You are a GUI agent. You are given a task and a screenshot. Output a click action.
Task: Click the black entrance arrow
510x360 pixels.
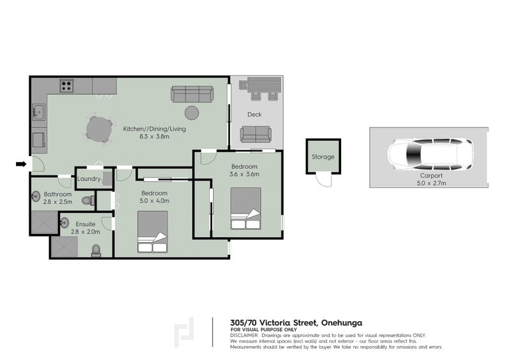click(x=21, y=164)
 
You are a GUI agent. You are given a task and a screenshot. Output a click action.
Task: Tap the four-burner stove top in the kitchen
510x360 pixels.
click(x=66, y=86)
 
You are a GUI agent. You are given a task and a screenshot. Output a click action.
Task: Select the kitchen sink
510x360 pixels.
click(x=39, y=112)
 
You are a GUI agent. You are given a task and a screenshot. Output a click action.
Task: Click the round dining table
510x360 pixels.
click(x=99, y=129)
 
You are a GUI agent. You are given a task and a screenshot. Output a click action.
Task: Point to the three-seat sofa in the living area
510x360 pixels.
click(x=193, y=94)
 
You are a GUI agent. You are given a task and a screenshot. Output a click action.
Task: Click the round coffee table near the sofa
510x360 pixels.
click(x=192, y=113)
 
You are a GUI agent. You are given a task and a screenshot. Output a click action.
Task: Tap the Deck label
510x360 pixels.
click(x=254, y=115)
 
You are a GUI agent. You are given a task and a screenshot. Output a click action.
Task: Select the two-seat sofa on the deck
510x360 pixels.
click(x=256, y=134)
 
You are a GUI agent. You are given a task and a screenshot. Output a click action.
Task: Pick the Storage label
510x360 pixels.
click(x=323, y=157)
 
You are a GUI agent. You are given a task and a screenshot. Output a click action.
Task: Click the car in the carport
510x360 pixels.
click(x=430, y=154)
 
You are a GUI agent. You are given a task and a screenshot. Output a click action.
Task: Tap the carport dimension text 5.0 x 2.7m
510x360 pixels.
click(x=432, y=183)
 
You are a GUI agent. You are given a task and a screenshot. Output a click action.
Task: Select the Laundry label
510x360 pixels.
click(x=89, y=179)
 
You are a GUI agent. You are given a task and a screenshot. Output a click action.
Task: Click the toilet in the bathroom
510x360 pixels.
click(x=88, y=201)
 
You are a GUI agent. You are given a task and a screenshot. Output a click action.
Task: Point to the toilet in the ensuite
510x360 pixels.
click(x=96, y=250)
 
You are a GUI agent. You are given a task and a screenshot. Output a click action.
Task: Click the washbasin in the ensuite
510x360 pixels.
click(x=64, y=223)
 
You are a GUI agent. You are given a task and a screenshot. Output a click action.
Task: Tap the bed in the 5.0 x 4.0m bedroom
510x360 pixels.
click(x=152, y=232)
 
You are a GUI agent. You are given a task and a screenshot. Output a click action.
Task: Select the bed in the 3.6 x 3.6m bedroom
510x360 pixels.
click(x=245, y=208)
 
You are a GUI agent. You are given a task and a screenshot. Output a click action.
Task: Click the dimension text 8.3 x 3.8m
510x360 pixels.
click(x=154, y=136)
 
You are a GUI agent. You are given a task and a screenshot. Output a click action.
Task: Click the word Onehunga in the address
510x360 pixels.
click(x=342, y=323)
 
